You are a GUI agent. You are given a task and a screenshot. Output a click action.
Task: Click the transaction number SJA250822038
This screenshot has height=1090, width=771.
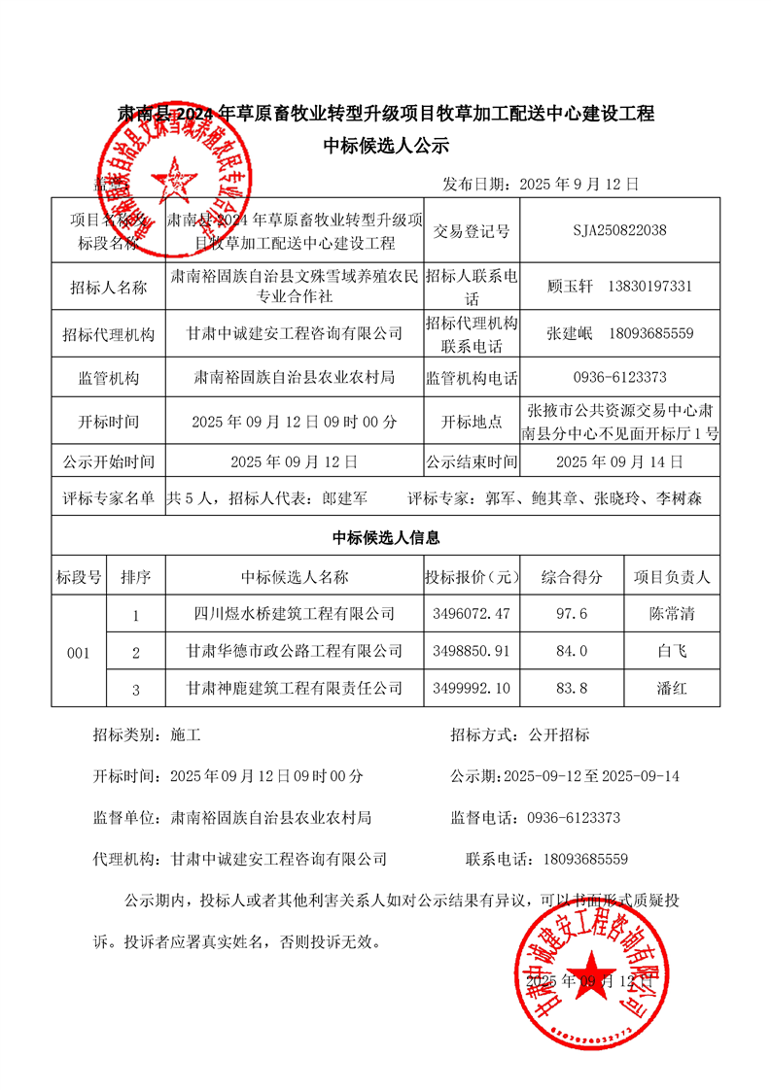pos(619,231)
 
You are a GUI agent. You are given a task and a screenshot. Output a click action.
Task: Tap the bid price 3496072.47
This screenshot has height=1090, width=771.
pos(468,614)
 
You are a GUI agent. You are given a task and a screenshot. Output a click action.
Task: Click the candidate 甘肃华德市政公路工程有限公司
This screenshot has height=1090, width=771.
pos(295,652)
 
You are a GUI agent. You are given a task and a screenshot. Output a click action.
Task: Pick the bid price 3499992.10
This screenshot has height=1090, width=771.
pos(468,689)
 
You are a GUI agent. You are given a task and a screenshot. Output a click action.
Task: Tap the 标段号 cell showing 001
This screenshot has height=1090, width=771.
pos(78,653)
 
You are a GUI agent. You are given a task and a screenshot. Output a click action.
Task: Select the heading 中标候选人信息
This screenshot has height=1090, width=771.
pos(386,537)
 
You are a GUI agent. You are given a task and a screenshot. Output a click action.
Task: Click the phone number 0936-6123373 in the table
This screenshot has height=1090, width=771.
pos(619,378)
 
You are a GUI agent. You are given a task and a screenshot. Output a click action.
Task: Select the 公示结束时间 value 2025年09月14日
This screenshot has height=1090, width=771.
pos(619,461)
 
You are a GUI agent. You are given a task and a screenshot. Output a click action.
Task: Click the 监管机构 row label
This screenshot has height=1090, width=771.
pos(108,378)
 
